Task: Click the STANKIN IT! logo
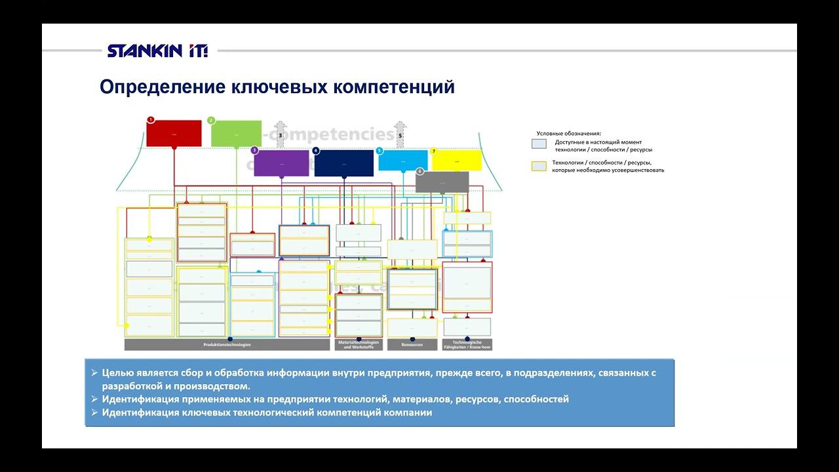[x=157, y=50]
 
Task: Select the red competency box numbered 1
[x=174, y=133]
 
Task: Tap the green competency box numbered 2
[x=236, y=133]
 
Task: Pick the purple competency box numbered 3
[x=281, y=163]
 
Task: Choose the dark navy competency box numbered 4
[x=343, y=163]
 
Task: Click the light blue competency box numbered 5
[x=402, y=161]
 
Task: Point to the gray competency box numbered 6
[x=442, y=182]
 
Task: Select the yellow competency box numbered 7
[x=457, y=160]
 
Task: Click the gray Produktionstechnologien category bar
[x=227, y=345]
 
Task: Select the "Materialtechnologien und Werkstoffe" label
[x=359, y=345]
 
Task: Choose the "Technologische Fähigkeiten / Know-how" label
[x=467, y=345]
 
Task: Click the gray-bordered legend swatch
[x=539, y=144]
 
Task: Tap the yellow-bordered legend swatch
[x=539, y=166]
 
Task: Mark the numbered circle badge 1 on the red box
[x=151, y=120]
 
